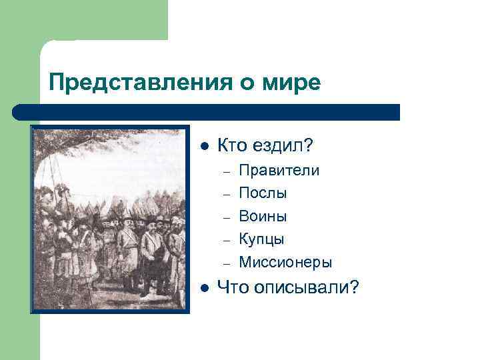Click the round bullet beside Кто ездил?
tap(205, 146)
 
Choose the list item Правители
tap(279, 171)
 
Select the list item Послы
tap(263, 193)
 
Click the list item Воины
tap(263, 216)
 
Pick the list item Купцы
tap(261, 239)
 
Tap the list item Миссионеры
tap(285, 262)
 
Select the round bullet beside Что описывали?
tap(205, 287)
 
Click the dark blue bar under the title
tap(207, 112)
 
